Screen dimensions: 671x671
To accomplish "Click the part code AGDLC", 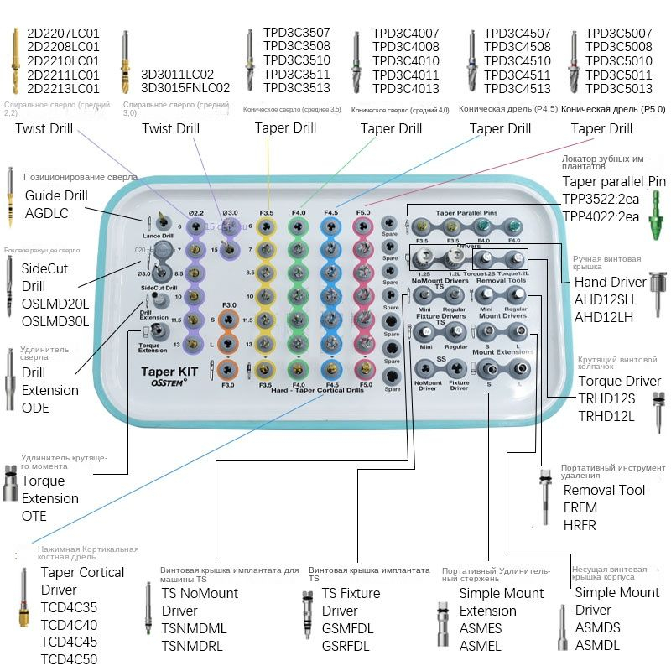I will pos(47,214).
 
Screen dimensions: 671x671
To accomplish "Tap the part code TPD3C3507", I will pos(297,33).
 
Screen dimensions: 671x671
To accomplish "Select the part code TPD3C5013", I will pos(619,88).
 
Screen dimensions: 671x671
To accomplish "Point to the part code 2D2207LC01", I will pos(63,33).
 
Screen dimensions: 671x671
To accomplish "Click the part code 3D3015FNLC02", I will pos(185,87).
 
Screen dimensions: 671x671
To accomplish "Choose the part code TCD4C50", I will pos(69,658).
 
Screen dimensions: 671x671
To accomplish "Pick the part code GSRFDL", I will pos(347,645).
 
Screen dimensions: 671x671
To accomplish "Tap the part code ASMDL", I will pos(597,645).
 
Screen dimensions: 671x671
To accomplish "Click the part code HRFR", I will pos(580,525).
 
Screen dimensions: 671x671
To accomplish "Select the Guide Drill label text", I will pos(56,195).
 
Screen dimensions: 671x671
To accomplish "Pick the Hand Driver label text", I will pos(610,282).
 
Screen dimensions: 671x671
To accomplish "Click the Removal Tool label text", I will pos(604,490).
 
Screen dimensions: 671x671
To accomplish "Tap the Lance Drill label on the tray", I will pos(157,237).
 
